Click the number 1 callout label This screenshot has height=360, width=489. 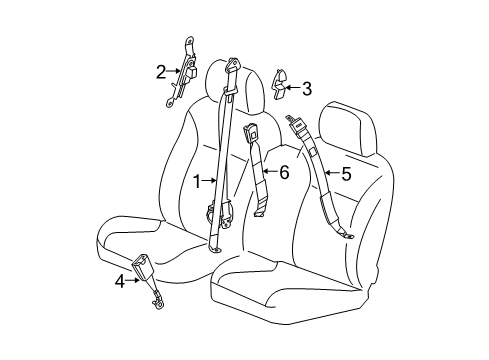[197, 181]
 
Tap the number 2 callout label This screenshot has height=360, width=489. [160, 71]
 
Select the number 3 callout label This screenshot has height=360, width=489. [307, 87]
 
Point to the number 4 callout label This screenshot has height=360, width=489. [119, 281]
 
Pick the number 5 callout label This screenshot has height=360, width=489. [346, 174]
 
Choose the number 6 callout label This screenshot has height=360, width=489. [284, 172]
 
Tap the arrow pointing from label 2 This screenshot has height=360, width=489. [173, 71]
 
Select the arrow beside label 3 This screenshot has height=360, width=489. [293, 87]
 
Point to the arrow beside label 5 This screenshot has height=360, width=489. [332, 174]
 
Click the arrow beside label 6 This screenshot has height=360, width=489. [270, 172]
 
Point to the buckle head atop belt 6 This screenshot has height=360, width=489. [251, 132]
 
